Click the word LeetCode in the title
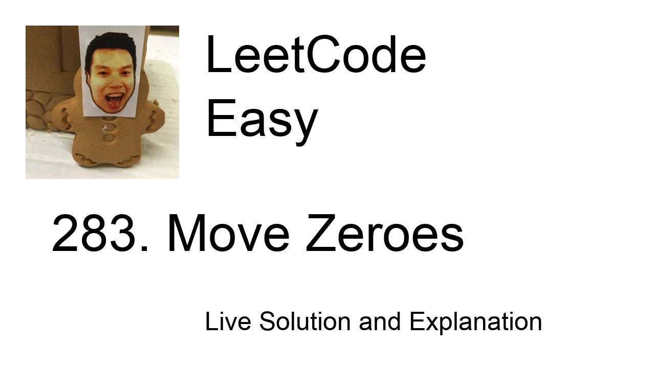point(315,55)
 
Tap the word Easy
point(261,119)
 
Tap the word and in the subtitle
point(380,322)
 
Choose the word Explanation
point(475,322)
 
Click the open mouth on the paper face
point(114,98)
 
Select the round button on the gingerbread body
point(108,137)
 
